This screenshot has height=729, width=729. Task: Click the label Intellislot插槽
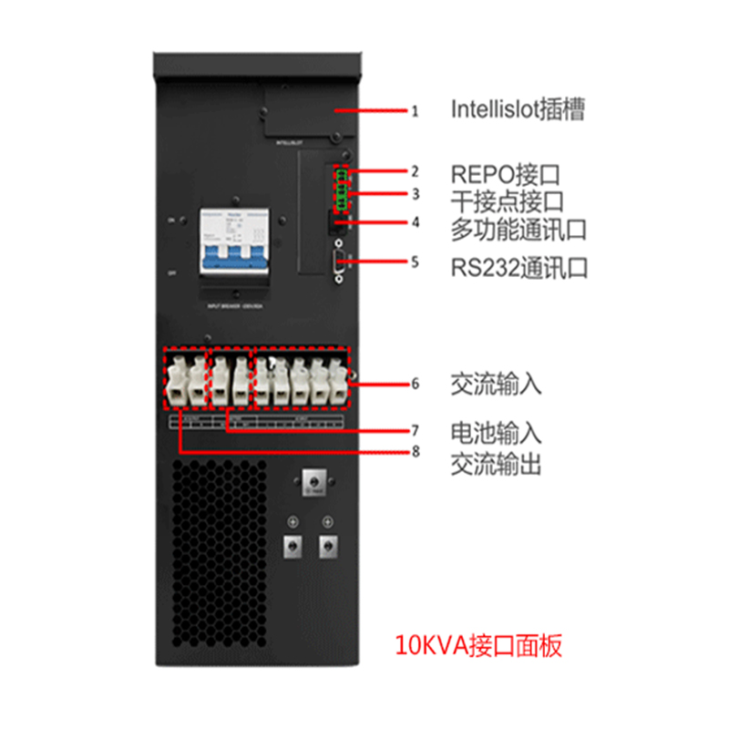pyautogui.click(x=518, y=110)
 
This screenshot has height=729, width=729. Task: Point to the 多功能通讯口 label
pyautogui.click(x=519, y=228)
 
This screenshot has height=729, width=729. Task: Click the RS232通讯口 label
pyautogui.click(x=519, y=267)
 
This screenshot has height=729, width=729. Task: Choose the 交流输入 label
pyautogui.click(x=496, y=384)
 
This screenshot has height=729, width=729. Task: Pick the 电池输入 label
pyautogui.click(x=496, y=431)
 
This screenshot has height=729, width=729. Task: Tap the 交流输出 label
pyautogui.click(x=496, y=465)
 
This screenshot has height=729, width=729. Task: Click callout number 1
pyautogui.click(x=415, y=111)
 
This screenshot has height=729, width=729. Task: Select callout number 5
pyautogui.click(x=415, y=262)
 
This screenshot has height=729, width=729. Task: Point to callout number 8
pyautogui.click(x=415, y=451)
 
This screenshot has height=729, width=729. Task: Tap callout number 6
pyautogui.click(x=415, y=384)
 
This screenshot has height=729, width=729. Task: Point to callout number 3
pyautogui.click(x=415, y=194)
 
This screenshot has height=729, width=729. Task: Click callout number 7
pyautogui.click(x=415, y=428)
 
